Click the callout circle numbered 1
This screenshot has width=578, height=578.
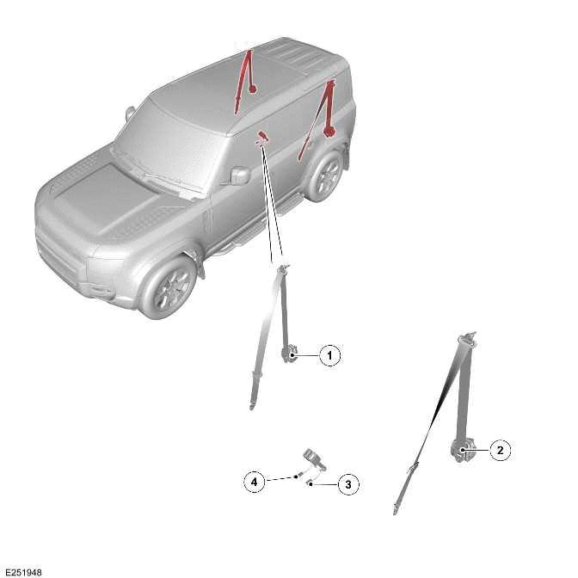point(330,354)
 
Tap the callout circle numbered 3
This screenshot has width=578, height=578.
point(347,485)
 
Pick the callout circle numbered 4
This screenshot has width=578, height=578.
point(255,482)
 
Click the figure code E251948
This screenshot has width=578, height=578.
point(23,571)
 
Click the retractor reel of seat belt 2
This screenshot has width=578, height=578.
point(460,449)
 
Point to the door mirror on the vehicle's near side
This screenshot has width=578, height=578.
point(239,175)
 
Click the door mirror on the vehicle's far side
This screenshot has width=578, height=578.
point(130,113)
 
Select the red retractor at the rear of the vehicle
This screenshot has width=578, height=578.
point(329,131)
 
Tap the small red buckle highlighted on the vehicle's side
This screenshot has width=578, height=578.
point(261,136)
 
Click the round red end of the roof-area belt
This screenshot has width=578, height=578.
point(252,88)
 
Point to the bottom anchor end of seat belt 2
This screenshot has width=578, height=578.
point(397,509)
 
